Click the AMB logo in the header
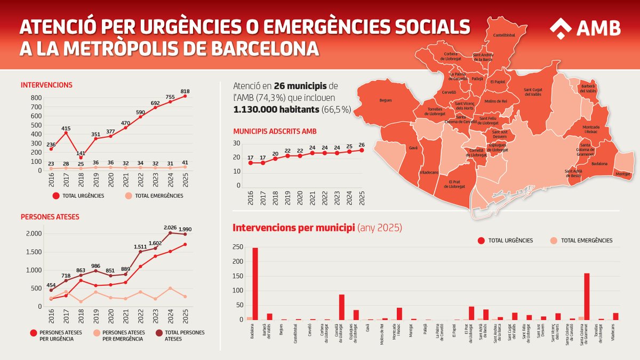pyautogui.click(x=585, y=27)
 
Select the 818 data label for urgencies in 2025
pyautogui.click(x=185, y=91)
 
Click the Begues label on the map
pyautogui.click(x=386, y=100)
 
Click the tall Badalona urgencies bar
pyautogui.click(x=255, y=284)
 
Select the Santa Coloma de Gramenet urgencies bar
pyautogui.click(x=587, y=297)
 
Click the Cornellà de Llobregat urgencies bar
pyautogui.click(x=341, y=307)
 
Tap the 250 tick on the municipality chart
pyautogui.click(x=237, y=247)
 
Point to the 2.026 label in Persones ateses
pyautogui.click(x=171, y=228)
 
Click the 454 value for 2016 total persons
pyautogui.click(x=51, y=284)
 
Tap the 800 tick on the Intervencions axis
pyautogui.click(x=36, y=98)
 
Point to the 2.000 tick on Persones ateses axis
pyautogui.click(x=33, y=234)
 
